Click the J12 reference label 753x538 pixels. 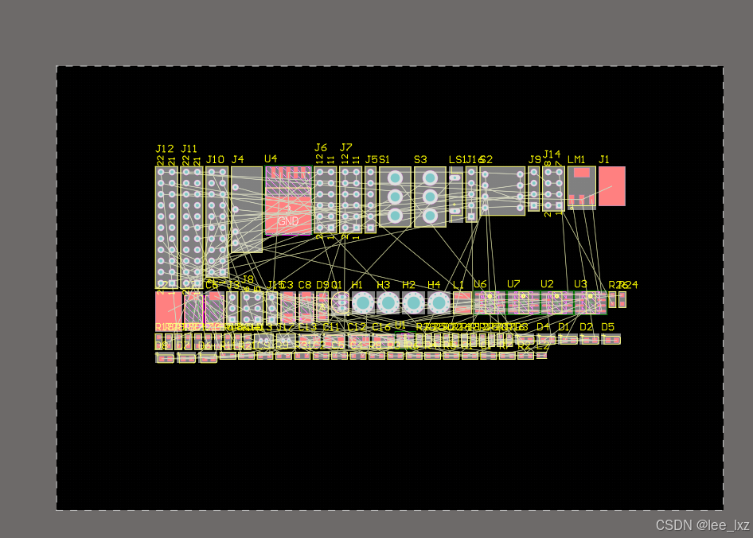tap(165, 149)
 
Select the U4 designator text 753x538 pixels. tap(271, 159)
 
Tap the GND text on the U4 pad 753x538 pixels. tap(288, 221)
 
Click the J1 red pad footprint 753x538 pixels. tap(611, 186)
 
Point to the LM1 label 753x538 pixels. tap(576, 160)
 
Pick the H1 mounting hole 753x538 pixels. tap(363, 302)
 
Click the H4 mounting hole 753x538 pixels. tap(439, 302)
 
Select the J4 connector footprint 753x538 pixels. tap(247, 209)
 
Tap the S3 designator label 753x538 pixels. tap(420, 160)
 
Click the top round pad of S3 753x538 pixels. tap(430, 177)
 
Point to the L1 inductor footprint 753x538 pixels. tap(462, 302)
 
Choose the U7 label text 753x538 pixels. tap(513, 284)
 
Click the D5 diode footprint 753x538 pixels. tap(611, 340)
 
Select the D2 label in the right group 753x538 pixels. tap(586, 327)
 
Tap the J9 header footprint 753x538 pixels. tap(533, 189)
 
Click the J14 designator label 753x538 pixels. tap(552, 154)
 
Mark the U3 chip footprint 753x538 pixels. tap(590, 302)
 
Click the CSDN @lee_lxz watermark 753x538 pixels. tap(702, 525)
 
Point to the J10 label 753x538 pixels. tap(215, 160)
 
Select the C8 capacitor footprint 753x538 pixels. tap(306, 306)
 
